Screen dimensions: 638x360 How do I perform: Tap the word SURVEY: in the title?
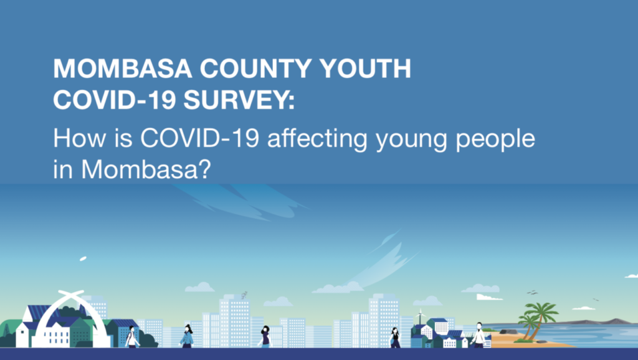click(239, 100)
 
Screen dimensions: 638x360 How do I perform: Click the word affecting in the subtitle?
click(317, 138)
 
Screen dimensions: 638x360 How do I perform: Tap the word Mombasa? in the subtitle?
click(146, 169)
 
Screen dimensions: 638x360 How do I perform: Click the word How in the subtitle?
click(79, 138)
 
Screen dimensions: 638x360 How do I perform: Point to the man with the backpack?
click(132, 337)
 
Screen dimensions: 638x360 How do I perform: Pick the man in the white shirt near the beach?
click(478, 335)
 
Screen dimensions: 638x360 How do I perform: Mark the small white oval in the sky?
click(83, 258)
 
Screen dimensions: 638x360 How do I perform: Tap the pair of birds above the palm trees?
click(532, 292)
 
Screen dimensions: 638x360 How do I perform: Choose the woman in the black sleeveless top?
click(394, 338)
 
